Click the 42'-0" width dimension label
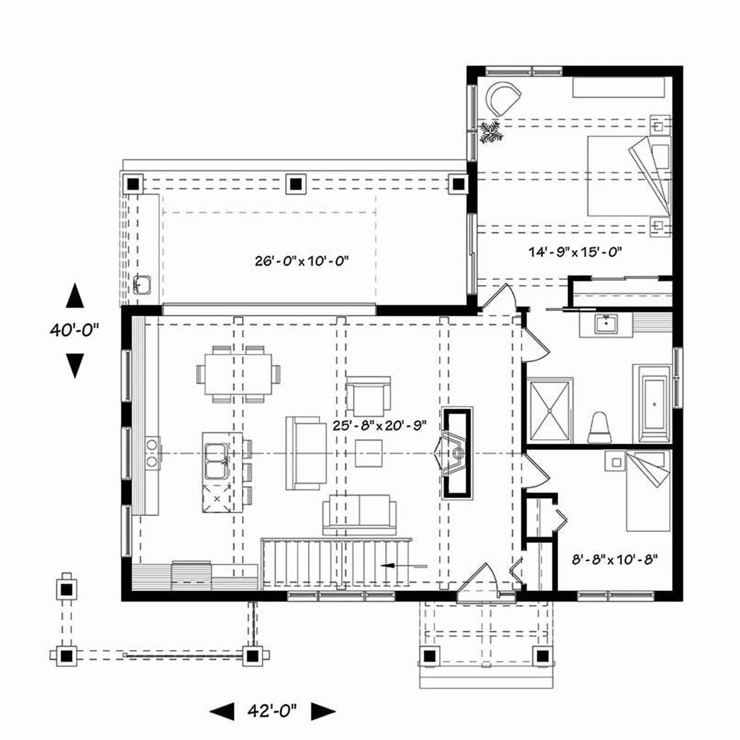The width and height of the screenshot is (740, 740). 272,711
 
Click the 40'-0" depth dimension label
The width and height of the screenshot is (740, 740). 75,330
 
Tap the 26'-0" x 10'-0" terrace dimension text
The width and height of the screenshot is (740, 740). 302,261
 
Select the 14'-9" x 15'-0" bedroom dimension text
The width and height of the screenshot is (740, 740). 575,252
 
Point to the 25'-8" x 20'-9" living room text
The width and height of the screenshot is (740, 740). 380,425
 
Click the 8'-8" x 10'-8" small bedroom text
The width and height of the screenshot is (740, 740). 615,560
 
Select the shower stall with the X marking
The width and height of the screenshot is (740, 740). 550,411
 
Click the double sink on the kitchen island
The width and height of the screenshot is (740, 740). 215,461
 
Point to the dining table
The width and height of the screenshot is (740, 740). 238,374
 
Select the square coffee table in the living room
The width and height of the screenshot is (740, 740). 369,453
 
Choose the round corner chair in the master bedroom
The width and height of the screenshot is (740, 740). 503,98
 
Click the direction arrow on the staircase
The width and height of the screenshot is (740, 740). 403,566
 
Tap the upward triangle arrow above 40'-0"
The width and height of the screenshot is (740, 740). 75,295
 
